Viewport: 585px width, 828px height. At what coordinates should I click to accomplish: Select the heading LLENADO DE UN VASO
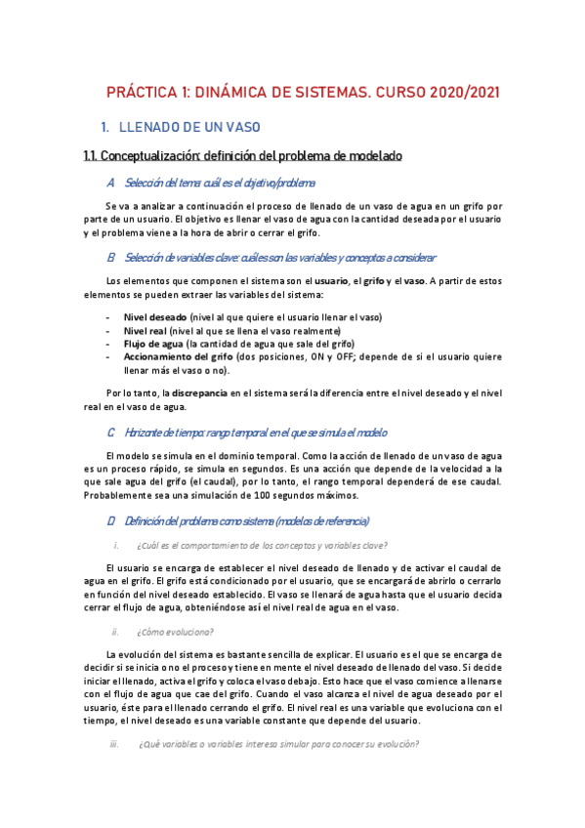click(189, 127)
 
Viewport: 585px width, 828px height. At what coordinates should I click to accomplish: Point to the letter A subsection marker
click(111, 183)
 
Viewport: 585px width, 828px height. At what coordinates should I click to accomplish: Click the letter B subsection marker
click(111, 258)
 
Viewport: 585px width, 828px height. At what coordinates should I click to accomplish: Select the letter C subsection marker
click(111, 433)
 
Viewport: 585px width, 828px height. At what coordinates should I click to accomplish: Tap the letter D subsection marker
click(111, 520)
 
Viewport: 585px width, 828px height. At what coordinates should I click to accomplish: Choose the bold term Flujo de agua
click(153, 344)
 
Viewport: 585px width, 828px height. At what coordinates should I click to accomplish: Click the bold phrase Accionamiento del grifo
click(179, 357)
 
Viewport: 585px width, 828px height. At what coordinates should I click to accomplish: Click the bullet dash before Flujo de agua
click(106, 344)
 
